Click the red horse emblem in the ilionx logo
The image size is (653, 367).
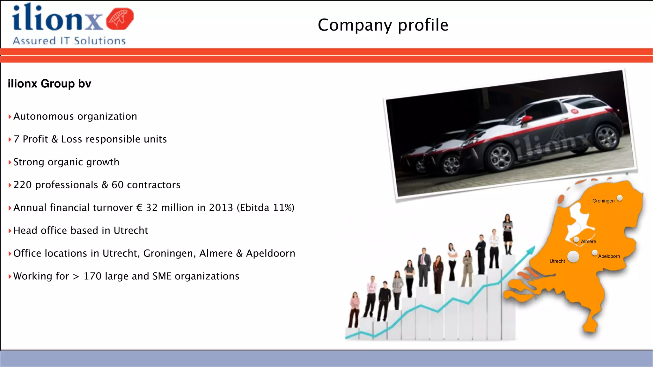point(120,19)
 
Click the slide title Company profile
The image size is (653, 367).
point(383,25)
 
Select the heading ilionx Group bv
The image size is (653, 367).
point(49,84)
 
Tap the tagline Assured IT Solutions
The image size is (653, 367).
point(69,41)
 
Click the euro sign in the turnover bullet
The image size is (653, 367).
point(139,208)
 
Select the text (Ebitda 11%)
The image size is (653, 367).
point(265,208)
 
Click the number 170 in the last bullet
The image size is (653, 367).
point(92,276)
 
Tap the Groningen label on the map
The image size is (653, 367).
point(603,201)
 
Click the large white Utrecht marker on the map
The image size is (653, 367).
point(573,256)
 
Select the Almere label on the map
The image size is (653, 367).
point(588,241)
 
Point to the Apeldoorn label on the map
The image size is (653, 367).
point(609,256)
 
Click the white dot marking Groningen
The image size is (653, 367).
point(620,198)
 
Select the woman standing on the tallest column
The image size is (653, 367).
point(508,233)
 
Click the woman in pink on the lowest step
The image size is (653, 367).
point(354,309)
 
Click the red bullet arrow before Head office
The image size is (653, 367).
point(10,231)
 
